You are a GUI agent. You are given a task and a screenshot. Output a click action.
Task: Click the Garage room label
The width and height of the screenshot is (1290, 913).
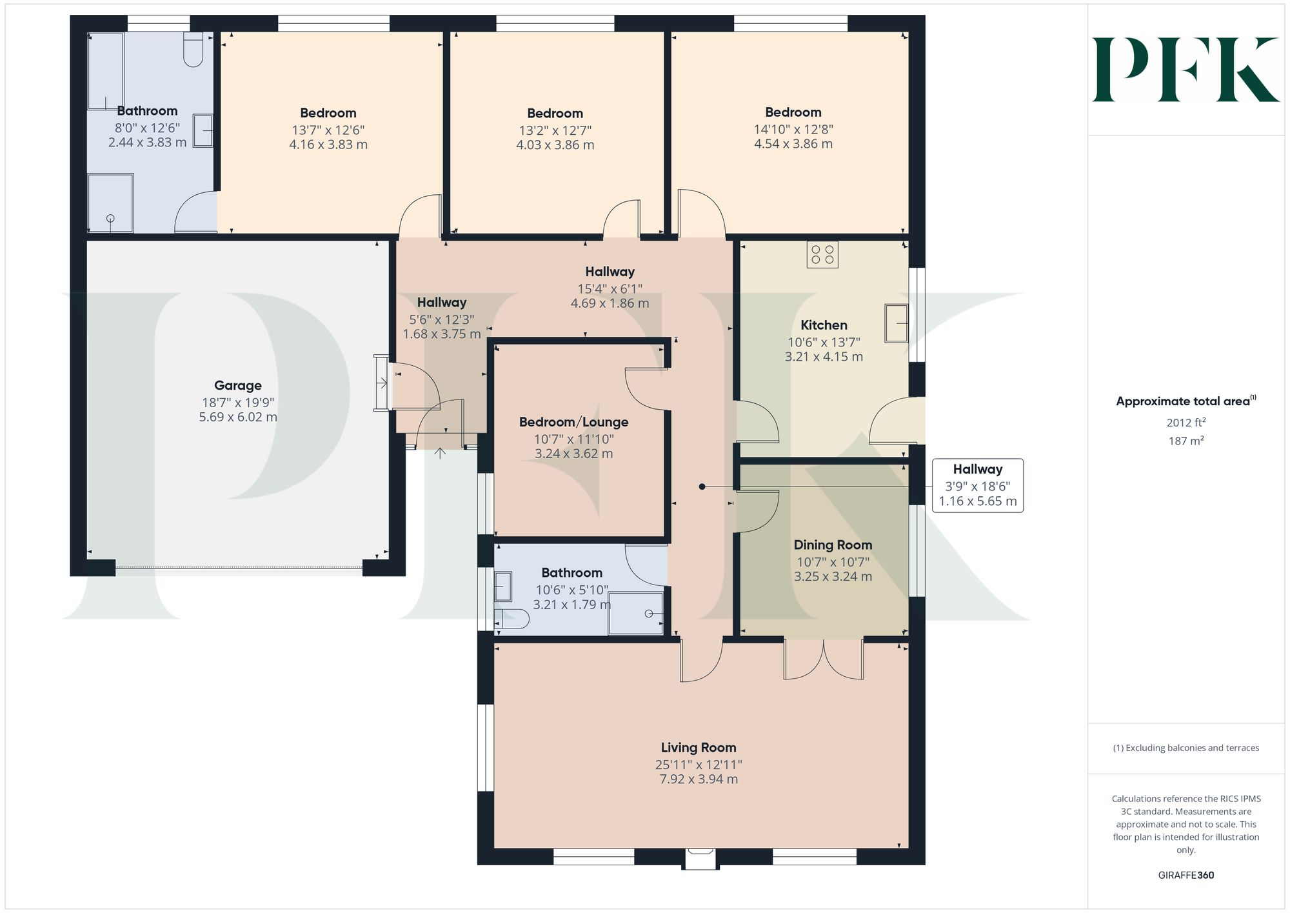coord(237,385)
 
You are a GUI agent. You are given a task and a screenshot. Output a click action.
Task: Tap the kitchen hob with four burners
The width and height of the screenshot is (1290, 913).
coord(822,254)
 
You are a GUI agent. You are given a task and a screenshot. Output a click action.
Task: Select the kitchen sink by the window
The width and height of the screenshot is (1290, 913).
coord(896,323)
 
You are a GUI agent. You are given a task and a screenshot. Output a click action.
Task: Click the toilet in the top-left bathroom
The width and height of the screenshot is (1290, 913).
coord(193,50)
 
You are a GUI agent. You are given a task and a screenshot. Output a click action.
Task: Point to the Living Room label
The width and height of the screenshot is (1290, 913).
coord(698,747)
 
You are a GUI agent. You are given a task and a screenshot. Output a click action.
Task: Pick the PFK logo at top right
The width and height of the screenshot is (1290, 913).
coord(1186,70)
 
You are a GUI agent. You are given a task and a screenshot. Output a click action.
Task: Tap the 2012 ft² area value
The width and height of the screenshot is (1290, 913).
coord(1186,423)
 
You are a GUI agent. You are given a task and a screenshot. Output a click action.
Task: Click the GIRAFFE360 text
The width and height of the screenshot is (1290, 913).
coord(1186,875)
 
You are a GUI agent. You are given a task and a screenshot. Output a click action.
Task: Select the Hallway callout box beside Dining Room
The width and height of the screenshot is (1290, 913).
coord(977,485)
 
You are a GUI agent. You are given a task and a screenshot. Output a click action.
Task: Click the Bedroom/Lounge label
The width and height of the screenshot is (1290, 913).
coord(573,422)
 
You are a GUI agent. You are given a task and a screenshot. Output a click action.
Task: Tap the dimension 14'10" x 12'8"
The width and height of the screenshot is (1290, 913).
coord(793,129)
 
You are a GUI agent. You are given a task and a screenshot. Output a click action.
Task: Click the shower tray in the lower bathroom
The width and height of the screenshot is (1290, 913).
coord(635,612)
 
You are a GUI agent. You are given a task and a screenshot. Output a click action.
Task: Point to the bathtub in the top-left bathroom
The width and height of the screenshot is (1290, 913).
coord(105,71)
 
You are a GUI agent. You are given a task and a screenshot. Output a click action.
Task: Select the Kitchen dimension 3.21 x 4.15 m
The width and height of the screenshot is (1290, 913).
coord(823,357)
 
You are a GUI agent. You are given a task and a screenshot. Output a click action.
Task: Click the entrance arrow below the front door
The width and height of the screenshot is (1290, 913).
coord(440,453)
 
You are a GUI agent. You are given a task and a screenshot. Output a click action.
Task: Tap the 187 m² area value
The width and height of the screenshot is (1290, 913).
coord(1186,441)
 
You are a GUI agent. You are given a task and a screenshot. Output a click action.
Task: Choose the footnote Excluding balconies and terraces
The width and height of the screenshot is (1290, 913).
coord(1186,748)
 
